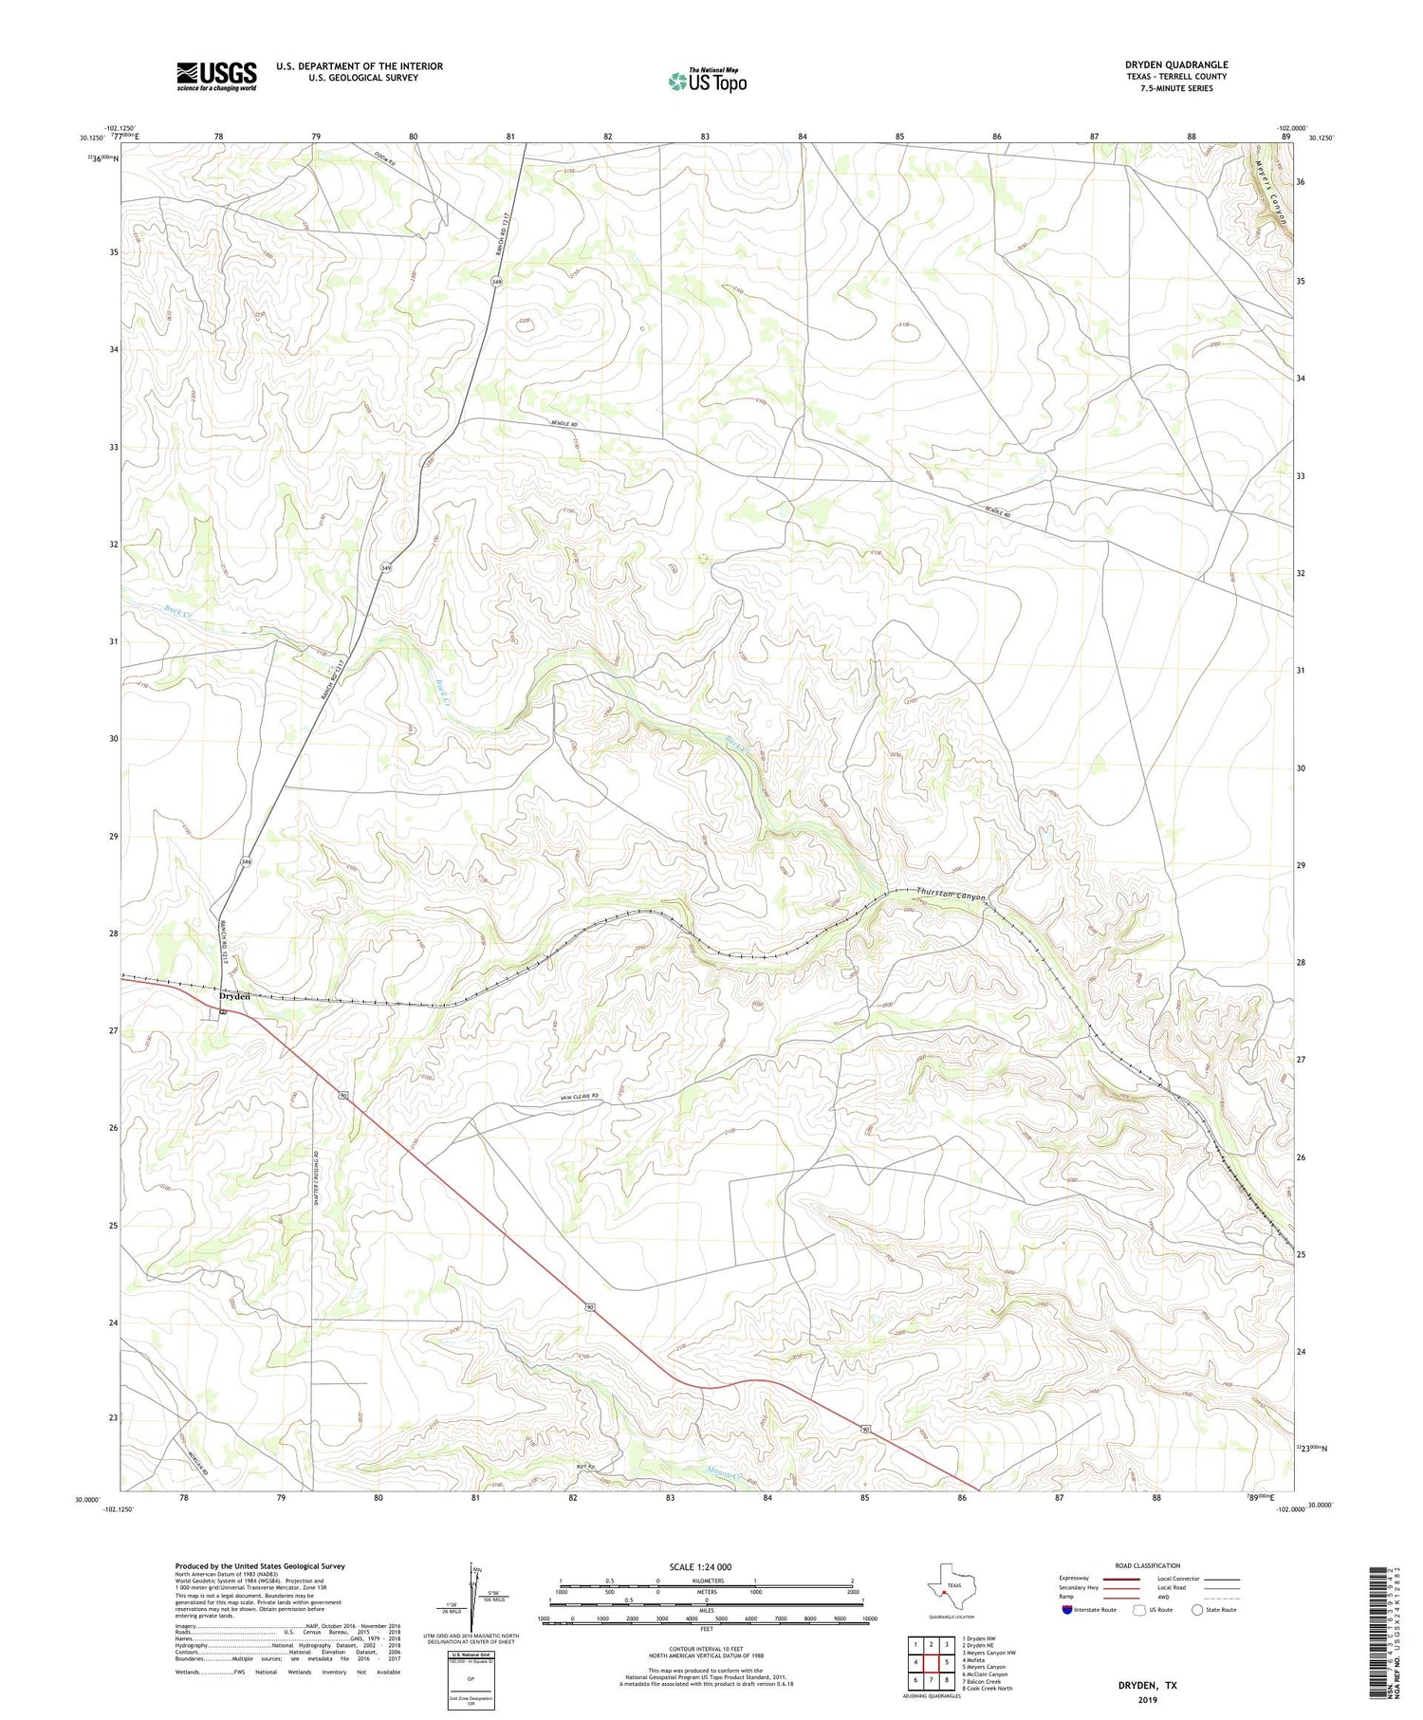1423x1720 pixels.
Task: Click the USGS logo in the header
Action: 216,76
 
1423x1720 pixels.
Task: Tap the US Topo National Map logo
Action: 707,81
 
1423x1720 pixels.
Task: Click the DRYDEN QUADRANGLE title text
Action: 1175,65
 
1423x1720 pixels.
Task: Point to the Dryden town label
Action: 234,996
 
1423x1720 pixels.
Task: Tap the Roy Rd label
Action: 585,1467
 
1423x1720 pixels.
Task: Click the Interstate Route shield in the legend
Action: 1067,1610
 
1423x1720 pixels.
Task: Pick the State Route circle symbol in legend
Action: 1197,1610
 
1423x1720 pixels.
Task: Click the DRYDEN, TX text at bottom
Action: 1145,1686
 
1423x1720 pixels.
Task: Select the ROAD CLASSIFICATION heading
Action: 1147,1565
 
